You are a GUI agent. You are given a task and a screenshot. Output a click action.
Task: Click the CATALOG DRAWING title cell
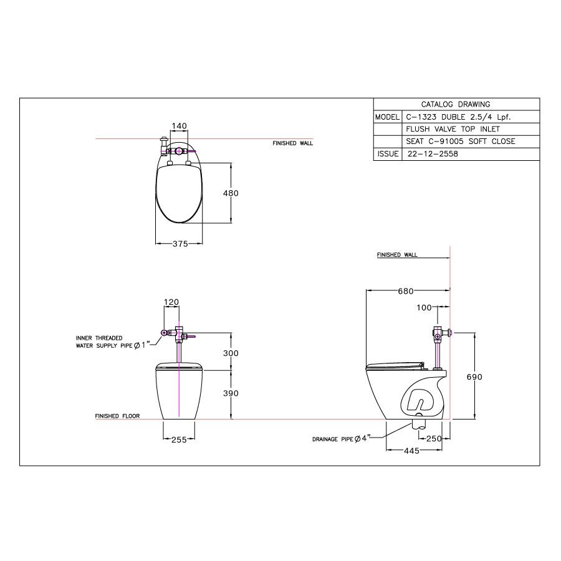456,104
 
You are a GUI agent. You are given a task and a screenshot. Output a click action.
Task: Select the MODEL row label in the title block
386,117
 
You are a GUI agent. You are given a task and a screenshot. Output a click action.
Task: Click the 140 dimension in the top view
179,126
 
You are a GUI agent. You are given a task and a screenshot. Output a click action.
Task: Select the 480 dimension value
231,193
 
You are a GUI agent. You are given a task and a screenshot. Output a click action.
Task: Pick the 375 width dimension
180,244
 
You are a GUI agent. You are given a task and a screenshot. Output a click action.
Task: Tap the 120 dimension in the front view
171,302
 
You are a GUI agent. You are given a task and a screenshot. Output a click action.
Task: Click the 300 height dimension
231,353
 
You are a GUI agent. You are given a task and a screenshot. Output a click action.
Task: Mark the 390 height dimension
231,393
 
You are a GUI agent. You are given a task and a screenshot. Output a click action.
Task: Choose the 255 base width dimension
180,439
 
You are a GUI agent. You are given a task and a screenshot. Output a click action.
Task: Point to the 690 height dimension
475,376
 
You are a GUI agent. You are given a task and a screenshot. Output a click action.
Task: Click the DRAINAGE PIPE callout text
341,439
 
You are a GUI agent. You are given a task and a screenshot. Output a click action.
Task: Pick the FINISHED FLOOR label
117,416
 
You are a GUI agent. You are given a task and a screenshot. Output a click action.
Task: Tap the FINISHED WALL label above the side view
397,255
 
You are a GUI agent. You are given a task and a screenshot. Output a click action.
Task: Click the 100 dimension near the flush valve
424,307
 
